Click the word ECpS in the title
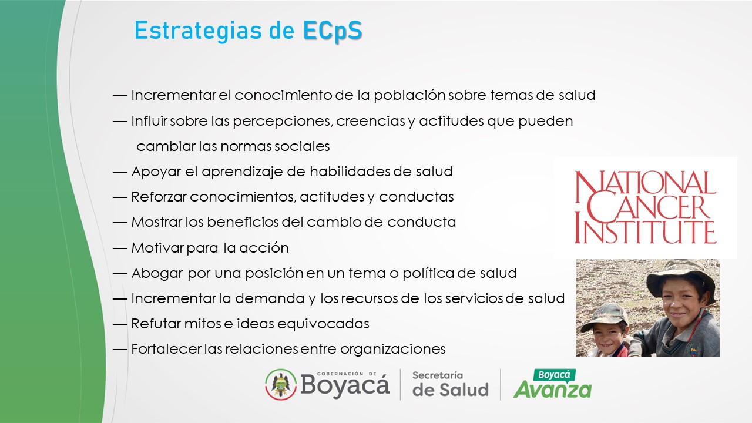click(333, 31)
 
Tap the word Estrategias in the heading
click(198, 31)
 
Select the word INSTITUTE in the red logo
click(645, 231)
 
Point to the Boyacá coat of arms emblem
click(281, 384)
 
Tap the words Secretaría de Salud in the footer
click(450, 384)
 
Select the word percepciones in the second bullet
click(283, 121)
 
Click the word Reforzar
click(159, 197)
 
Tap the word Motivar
click(157, 248)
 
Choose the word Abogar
click(157, 273)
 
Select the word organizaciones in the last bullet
click(393, 350)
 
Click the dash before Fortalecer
click(119, 350)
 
